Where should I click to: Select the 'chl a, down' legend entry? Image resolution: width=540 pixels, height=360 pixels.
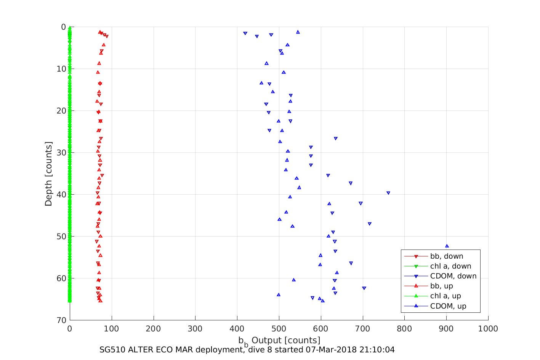(450, 266)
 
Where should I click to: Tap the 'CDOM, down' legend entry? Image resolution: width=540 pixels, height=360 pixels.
(453, 276)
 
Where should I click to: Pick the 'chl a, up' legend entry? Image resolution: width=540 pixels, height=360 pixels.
(445, 296)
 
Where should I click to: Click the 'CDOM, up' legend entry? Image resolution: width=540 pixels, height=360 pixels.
(448, 306)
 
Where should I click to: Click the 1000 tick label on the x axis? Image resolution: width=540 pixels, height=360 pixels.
(488, 329)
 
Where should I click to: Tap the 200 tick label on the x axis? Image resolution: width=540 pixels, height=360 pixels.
(154, 329)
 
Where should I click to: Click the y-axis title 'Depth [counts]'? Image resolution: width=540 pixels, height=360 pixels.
(48, 174)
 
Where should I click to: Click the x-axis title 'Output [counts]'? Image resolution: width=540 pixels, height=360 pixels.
(285, 340)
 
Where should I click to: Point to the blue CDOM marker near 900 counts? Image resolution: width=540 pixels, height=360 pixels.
(447, 246)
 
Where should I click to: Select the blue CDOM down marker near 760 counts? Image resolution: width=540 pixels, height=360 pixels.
(388, 193)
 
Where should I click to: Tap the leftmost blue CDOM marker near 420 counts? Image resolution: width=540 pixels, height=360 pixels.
(245, 34)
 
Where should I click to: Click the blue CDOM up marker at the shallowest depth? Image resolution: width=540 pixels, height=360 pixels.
(298, 32)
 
